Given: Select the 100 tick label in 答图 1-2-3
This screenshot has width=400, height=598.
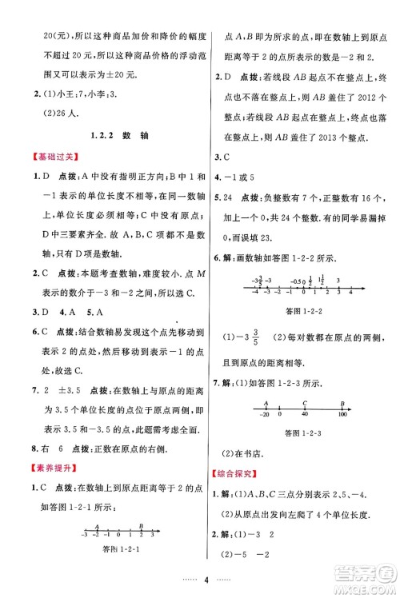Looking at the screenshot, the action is (343, 415).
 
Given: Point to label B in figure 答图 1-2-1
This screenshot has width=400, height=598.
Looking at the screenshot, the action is (141, 526).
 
